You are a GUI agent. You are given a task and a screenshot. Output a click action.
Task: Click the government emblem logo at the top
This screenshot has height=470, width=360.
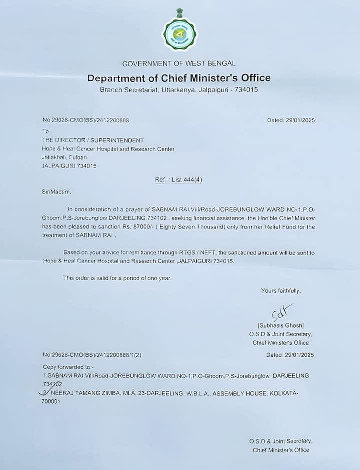180,31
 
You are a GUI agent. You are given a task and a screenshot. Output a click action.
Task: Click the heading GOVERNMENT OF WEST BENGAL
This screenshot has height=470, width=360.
179,63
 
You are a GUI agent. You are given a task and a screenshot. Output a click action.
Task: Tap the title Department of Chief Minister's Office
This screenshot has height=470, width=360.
179,78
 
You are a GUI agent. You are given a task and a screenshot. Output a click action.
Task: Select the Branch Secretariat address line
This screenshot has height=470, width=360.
179,90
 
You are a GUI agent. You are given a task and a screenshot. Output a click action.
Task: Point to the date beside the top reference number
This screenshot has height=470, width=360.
291,120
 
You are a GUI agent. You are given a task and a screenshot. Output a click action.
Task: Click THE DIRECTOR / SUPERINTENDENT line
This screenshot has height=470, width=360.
93,140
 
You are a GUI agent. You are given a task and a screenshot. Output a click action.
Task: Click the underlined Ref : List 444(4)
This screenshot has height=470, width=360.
178,180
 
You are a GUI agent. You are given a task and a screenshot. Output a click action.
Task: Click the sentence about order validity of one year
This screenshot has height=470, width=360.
117,278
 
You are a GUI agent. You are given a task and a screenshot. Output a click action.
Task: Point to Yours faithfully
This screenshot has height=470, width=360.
281,291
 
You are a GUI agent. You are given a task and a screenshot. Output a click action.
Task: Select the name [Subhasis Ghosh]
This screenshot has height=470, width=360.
281,326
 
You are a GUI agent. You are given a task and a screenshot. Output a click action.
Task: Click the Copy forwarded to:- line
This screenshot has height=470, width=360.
64,367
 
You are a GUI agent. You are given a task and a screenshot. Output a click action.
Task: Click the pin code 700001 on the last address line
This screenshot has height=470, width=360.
51,401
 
